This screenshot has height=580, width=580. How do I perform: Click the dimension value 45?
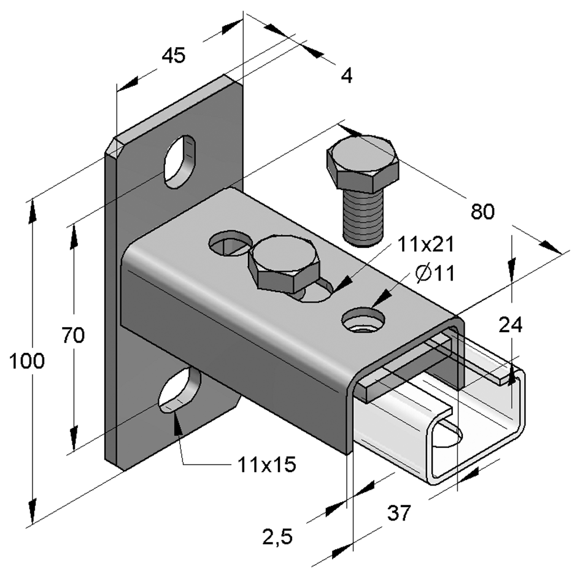pos(173,56)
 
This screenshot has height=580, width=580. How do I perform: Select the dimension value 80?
pos(482,212)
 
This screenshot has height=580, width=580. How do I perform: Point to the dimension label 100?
pos(26,362)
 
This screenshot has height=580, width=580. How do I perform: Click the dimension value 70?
pos(73,335)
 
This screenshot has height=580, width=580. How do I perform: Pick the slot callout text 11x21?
pos(425,244)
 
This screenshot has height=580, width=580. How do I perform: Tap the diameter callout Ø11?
pos(434,274)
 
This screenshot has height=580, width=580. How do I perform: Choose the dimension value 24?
pos(510,325)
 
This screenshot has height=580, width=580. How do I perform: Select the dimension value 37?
pos(400,512)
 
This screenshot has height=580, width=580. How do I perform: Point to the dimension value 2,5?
pos(277,538)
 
